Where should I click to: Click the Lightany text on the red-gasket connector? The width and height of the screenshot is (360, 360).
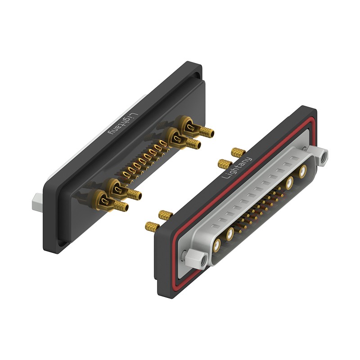pos(237,168)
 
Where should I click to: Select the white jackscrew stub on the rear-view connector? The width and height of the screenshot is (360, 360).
pos(37,202)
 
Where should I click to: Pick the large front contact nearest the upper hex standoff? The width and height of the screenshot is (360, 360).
pos(303,171)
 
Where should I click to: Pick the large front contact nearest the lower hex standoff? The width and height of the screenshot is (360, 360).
pos(216,245)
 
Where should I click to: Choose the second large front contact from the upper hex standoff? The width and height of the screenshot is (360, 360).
pos(290,183)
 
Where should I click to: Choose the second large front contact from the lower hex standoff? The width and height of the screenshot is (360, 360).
pos(230,234)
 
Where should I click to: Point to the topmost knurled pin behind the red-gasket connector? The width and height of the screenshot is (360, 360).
pos(238,153)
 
